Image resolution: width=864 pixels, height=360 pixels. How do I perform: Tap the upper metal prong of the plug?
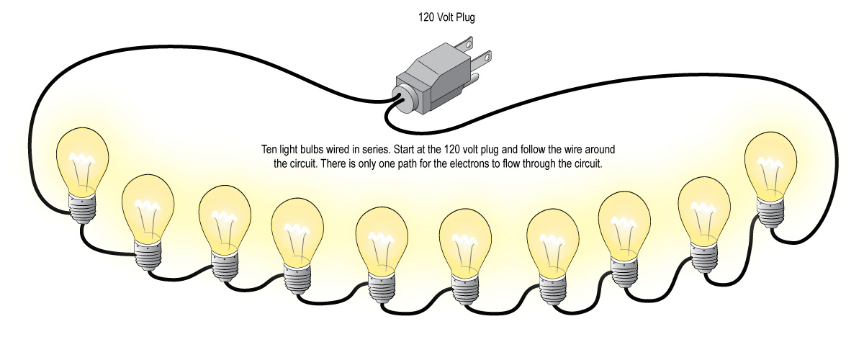point(479,45)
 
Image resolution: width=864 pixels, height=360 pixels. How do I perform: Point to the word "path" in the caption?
point(428,163)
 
